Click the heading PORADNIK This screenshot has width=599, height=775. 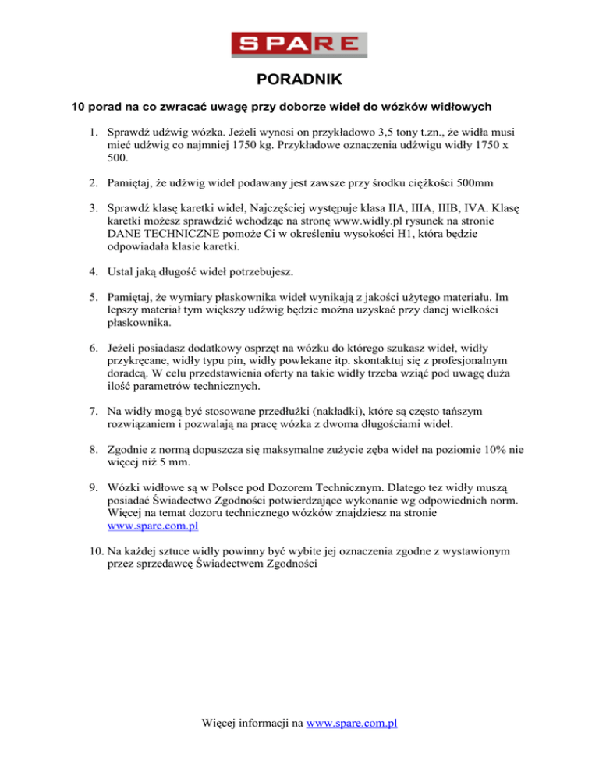click(x=299, y=79)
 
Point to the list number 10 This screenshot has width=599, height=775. click(x=94, y=551)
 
